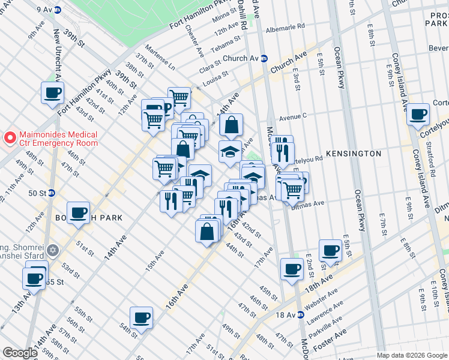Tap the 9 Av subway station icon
58,10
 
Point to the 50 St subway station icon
52,193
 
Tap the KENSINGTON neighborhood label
354,154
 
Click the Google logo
20,353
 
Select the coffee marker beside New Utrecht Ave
52,93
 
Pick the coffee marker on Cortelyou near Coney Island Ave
418,115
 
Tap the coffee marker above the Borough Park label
78,213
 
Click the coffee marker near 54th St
141,317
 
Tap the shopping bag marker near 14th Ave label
231,125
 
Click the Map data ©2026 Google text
411,355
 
